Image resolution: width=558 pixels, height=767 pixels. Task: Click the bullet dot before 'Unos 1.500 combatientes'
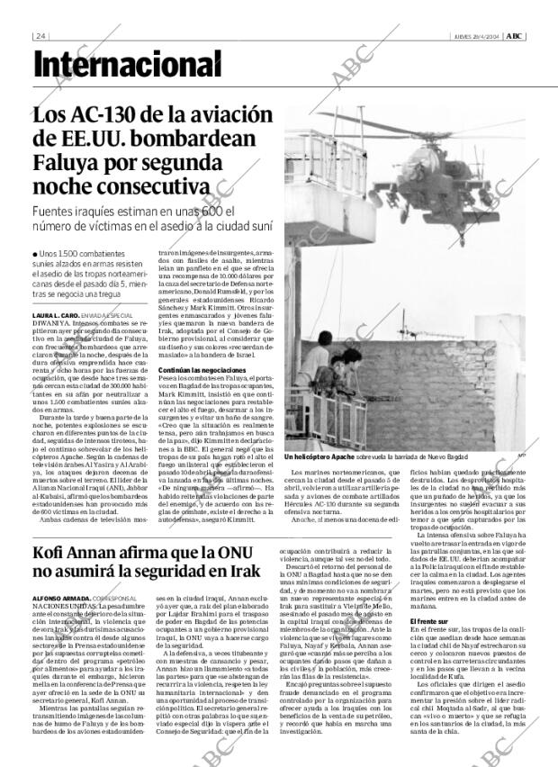pyautogui.click(x=36, y=255)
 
